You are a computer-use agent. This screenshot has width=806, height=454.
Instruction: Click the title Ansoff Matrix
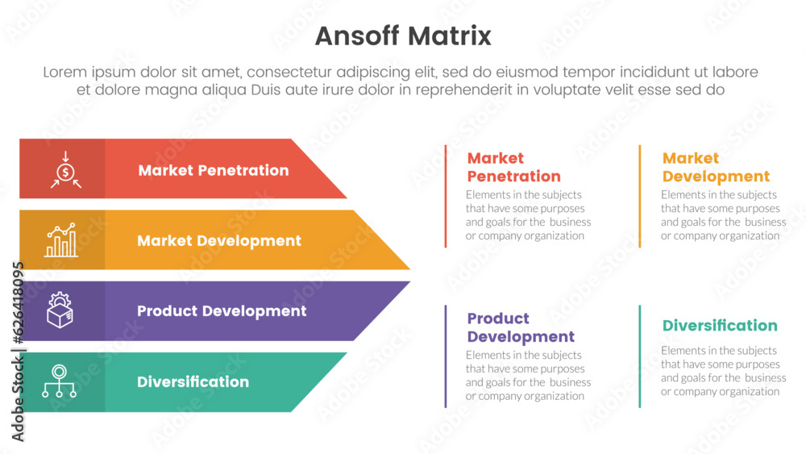click(x=402, y=36)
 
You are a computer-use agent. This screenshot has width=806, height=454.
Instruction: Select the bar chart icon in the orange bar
click(x=62, y=240)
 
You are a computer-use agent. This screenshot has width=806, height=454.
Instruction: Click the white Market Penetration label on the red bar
click(x=213, y=170)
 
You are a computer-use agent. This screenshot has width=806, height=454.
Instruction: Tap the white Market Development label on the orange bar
click(x=219, y=240)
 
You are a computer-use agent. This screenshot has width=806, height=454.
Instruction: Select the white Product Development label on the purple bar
click(x=222, y=310)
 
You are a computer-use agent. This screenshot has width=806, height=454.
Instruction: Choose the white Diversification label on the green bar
click(x=193, y=381)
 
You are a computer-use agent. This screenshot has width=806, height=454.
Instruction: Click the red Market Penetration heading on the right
click(x=513, y=167)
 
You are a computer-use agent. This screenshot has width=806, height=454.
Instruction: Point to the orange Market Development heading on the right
click(x=716, y=167)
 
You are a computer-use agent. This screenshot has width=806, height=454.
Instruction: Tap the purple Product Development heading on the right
click(x=521, y=327)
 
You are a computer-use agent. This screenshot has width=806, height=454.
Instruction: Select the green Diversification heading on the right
click(x=720, y=326)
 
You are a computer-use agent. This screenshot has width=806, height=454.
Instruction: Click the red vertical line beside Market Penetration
click(x=446, y=196)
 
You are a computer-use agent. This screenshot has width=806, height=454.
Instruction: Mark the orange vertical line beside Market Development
click(x=640, y=196)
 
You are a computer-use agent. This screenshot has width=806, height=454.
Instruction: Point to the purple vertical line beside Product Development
click(x=446, y=356)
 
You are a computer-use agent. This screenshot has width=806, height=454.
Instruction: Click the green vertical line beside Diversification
click(x=640, y=356)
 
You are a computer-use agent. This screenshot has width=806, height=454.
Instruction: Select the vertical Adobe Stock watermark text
click(x=19, y=352)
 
